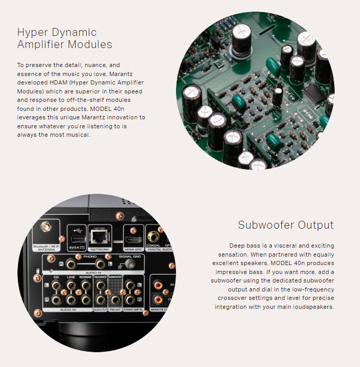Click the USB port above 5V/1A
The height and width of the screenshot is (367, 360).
point(78,239)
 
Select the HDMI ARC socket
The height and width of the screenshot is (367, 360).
point(134,240)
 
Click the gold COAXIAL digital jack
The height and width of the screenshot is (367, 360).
point(153,237)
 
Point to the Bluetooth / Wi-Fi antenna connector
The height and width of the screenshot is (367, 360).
point(46,227)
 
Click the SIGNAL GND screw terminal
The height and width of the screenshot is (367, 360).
point(130,265)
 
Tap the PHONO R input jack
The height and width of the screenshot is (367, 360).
point(70,265)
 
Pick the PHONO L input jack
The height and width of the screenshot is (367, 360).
point(100,265)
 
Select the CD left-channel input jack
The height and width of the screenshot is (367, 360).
point(56,285)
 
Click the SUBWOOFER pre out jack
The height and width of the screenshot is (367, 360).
point(115,299)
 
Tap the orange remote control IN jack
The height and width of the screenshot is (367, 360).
point(159,285)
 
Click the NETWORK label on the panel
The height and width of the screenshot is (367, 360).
point(100,249)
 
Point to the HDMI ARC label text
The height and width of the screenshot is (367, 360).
point(134,249)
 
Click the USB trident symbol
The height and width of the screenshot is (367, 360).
point(78,231)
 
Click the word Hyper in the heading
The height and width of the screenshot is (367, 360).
point(32,32)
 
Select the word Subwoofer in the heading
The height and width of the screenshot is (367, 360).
point(266,225)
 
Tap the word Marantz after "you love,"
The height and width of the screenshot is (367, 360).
point(121,74)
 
